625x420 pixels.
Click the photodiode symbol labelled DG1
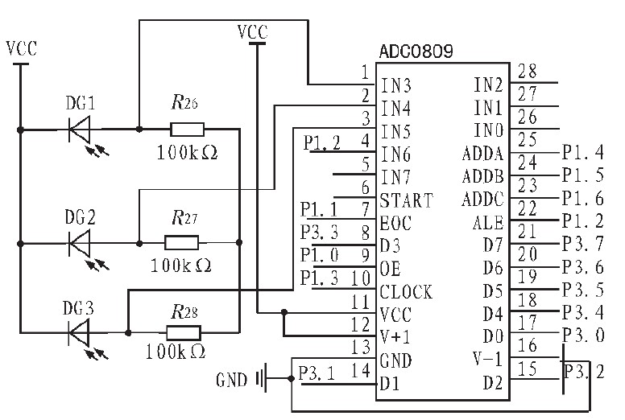pos(81,128)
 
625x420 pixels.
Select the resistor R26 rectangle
pos(187,128)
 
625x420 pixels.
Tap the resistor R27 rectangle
pos(181,241)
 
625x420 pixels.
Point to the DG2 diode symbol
pos(81,241)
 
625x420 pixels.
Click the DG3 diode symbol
pos(81,331)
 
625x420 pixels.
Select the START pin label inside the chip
pos(406,200)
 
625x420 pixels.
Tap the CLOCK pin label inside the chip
pos(406,291)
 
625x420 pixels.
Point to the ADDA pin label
pos(482,154)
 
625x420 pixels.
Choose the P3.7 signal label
pos(582,245)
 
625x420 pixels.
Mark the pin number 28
pos(528,71)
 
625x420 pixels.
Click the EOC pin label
pos(395,223)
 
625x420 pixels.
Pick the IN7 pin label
pos(395,177)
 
